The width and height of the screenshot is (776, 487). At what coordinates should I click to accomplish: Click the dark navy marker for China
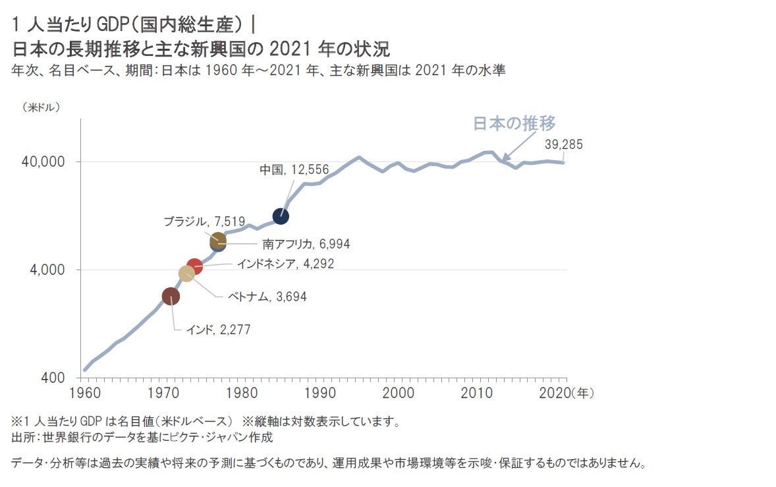point(281,215)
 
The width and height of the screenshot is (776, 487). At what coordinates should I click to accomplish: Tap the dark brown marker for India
point(171,297)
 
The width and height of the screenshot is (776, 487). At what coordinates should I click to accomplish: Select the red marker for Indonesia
point(194,266)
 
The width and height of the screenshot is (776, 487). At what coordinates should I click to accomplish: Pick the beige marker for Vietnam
point(186,273)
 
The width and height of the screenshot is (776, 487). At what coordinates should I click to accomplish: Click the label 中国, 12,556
point(294,169)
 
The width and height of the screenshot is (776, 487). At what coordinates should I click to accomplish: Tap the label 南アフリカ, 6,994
point(306,244)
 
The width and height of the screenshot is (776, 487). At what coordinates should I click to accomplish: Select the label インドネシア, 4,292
point(285,264)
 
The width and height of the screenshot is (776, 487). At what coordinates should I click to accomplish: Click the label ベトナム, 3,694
point(267,297)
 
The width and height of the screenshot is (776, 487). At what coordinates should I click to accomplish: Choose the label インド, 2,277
point(218,329)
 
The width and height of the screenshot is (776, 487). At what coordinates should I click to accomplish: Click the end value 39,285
point(563,145)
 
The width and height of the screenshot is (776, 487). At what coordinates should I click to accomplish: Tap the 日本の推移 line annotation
point(515,123)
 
